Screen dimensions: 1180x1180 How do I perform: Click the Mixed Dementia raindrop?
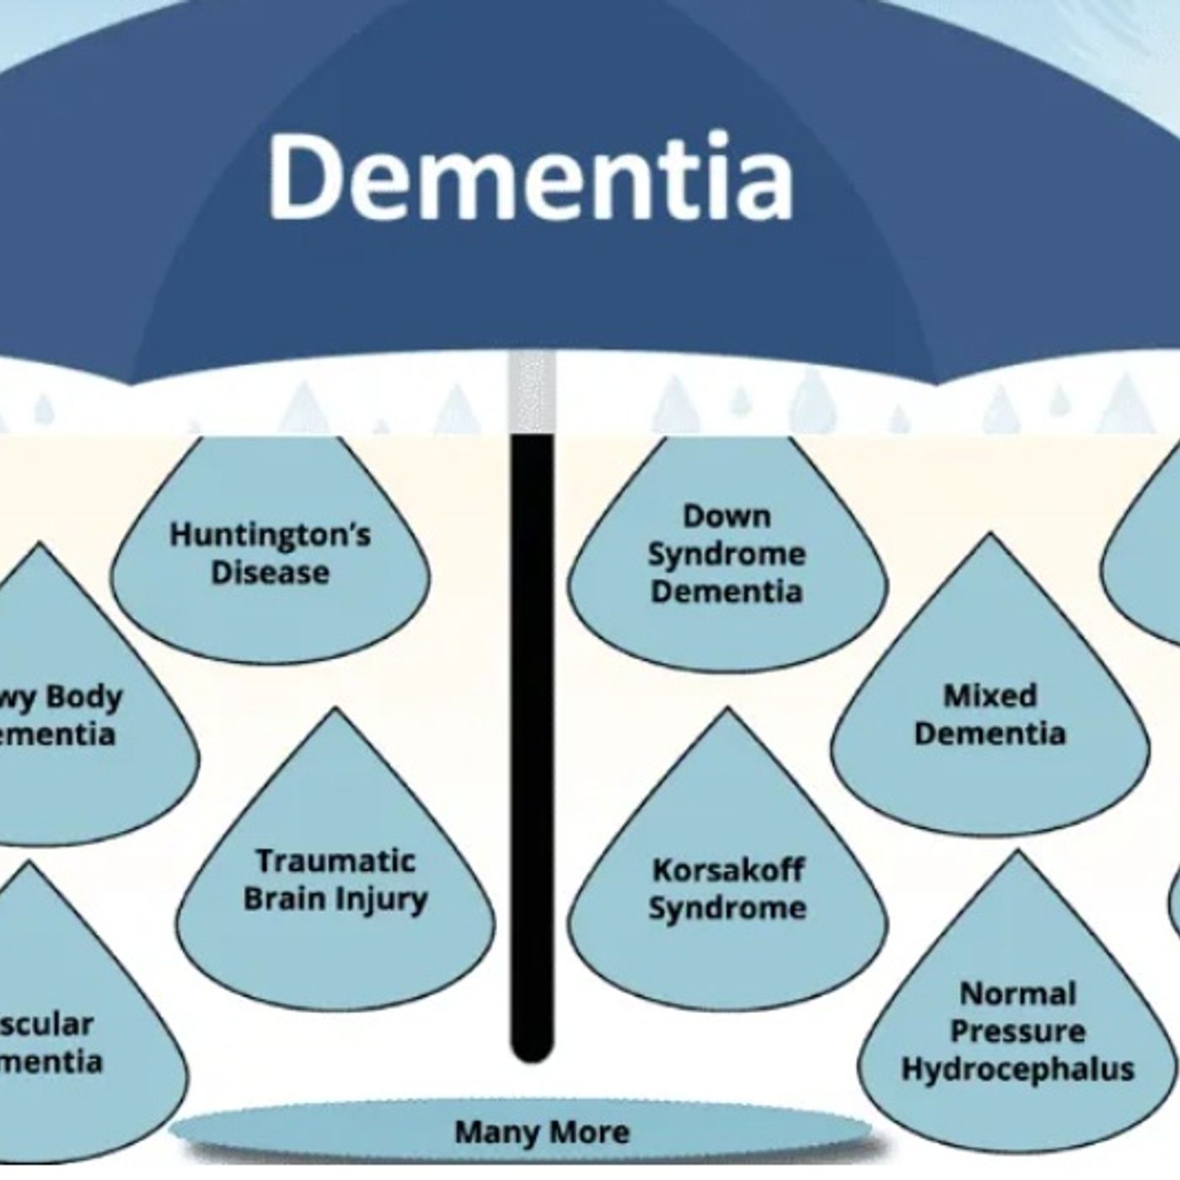coord(990,716)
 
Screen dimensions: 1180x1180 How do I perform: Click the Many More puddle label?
coord(541,1132)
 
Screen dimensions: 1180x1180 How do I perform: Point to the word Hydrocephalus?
coord(1017,1070)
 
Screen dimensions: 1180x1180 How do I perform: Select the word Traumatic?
coord(335,861)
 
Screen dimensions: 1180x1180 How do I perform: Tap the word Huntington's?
coord(270,535)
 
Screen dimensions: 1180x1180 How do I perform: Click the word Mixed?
coord(990,696)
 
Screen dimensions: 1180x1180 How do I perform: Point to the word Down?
coord(727,516)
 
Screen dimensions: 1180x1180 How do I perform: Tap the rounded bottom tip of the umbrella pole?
coord(532,1049)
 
